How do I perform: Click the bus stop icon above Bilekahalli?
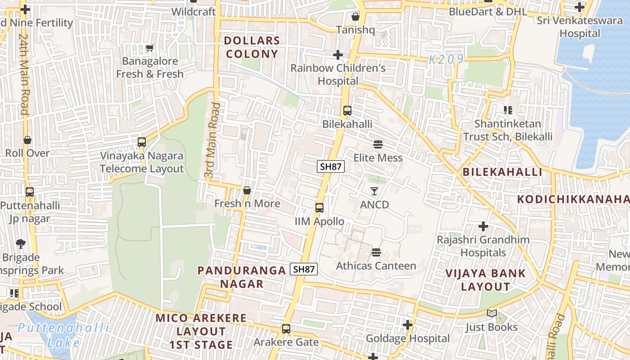tap(347, 111)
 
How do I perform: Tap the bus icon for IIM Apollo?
tap(319, 208)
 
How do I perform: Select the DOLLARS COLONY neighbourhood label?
tap(252, 47)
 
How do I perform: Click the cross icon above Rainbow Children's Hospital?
tap(337, 55)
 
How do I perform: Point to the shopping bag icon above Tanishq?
tap(355, 17)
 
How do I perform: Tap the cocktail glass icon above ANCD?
tap(374, 191)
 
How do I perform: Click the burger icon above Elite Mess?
tap(378, 144)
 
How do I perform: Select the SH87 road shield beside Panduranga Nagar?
tap(304, 269)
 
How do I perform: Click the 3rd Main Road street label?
tap(212, 140)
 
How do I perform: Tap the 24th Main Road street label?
tap(24, 74)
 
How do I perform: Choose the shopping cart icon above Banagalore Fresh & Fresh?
tap(149, 48)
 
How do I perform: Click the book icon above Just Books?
tap(491, 313)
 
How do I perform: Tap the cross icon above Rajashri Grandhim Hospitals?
tap(483, 226)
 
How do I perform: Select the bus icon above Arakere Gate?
tap(286, 329)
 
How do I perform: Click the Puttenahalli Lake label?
tap(63, 334)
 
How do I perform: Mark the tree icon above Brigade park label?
tap(20, 244)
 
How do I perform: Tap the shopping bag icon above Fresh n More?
tap(247, 190)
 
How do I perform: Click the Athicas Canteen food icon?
tap(376, 252)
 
